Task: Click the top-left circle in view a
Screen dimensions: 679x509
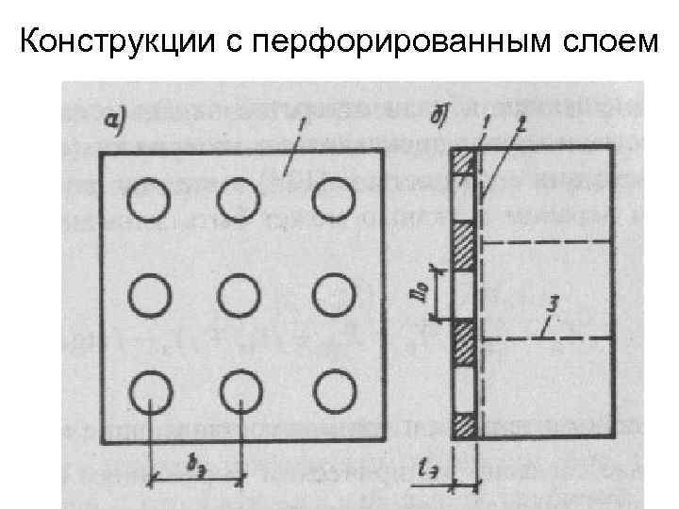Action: [x=149, y=200]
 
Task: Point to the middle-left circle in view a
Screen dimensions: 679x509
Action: [x=149, y=296]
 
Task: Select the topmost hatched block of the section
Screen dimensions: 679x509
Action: [x=463, y=160]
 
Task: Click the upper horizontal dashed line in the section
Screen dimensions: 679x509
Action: [x=547, y=243]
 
